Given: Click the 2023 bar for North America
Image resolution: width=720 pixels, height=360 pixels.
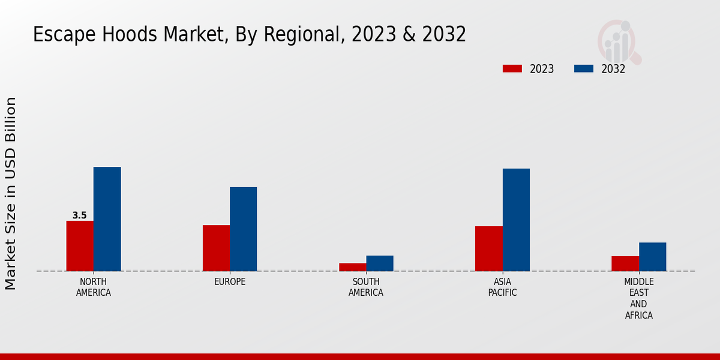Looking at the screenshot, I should tap(80, 246).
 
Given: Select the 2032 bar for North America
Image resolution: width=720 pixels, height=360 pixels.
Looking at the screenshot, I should tap(107, 219).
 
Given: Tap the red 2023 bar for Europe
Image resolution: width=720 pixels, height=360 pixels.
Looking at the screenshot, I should tap(216, 248).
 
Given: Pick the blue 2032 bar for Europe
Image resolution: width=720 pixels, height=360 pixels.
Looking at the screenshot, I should tap(244, 229).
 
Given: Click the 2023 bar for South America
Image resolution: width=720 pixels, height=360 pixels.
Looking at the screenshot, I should tap(352, 267).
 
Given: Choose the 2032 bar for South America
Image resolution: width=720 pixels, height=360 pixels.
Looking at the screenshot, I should tap(380, 263).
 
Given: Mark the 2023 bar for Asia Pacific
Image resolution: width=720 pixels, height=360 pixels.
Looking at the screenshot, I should tap(489, 248).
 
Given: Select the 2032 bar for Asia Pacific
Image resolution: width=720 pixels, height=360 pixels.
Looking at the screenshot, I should tap(516, 220).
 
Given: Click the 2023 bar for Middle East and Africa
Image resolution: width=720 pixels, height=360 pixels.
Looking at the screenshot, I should tap(625, 263).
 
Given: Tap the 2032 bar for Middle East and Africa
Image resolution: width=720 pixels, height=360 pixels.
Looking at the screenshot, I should tap(653, 257).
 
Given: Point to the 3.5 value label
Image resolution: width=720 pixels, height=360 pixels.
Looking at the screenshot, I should tap(79, 215).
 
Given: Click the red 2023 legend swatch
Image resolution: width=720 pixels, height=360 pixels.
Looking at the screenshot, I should tap(512, 68).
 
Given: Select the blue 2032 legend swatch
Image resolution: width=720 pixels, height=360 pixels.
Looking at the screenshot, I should tap(584, 68).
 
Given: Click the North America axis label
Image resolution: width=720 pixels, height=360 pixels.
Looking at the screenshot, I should tap(94, 287).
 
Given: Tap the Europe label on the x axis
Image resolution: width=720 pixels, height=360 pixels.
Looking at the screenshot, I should tap(230, 282).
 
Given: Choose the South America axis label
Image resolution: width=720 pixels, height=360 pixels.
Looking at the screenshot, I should tap(366, 287).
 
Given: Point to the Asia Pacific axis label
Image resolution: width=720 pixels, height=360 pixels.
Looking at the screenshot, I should tap(502, 287).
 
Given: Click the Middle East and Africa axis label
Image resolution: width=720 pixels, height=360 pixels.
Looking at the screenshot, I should tap(639, 298).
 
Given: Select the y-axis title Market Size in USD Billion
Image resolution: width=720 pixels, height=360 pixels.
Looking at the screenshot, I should tap(11, 193).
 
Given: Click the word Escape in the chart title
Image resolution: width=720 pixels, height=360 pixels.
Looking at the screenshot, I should tap(62, 35).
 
